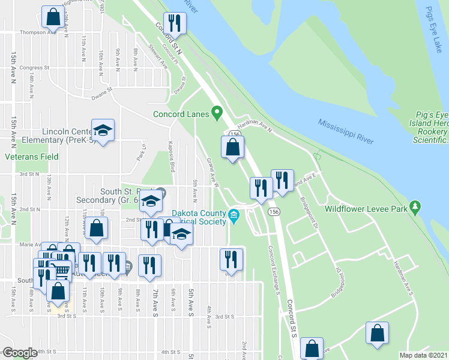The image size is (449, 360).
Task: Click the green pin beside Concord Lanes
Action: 218,113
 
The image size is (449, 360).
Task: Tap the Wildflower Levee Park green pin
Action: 415,208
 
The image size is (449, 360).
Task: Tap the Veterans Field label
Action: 32,157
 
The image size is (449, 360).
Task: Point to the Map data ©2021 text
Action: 423,355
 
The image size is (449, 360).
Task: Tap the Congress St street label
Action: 34,68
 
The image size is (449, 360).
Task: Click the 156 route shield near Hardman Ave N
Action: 234,134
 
